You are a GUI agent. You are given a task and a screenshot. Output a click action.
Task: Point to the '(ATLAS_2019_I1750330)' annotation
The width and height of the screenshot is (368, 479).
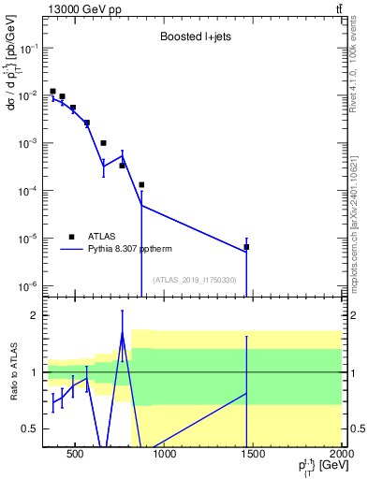(195, 280)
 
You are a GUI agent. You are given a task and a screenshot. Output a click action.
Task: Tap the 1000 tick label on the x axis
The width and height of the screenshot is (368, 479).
(164, 455)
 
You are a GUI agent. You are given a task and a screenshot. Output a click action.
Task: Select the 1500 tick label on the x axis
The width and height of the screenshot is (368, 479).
(253, 455)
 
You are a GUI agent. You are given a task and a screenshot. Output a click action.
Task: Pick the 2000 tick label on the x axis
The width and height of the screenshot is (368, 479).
(342, 455)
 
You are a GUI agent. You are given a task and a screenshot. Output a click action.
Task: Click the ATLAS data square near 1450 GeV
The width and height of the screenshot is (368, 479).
(246, 247)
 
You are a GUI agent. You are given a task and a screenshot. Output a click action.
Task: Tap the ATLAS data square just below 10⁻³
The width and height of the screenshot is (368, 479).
(103, 143)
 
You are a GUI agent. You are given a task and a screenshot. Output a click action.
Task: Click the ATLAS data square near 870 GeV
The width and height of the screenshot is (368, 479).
(141, 184)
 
